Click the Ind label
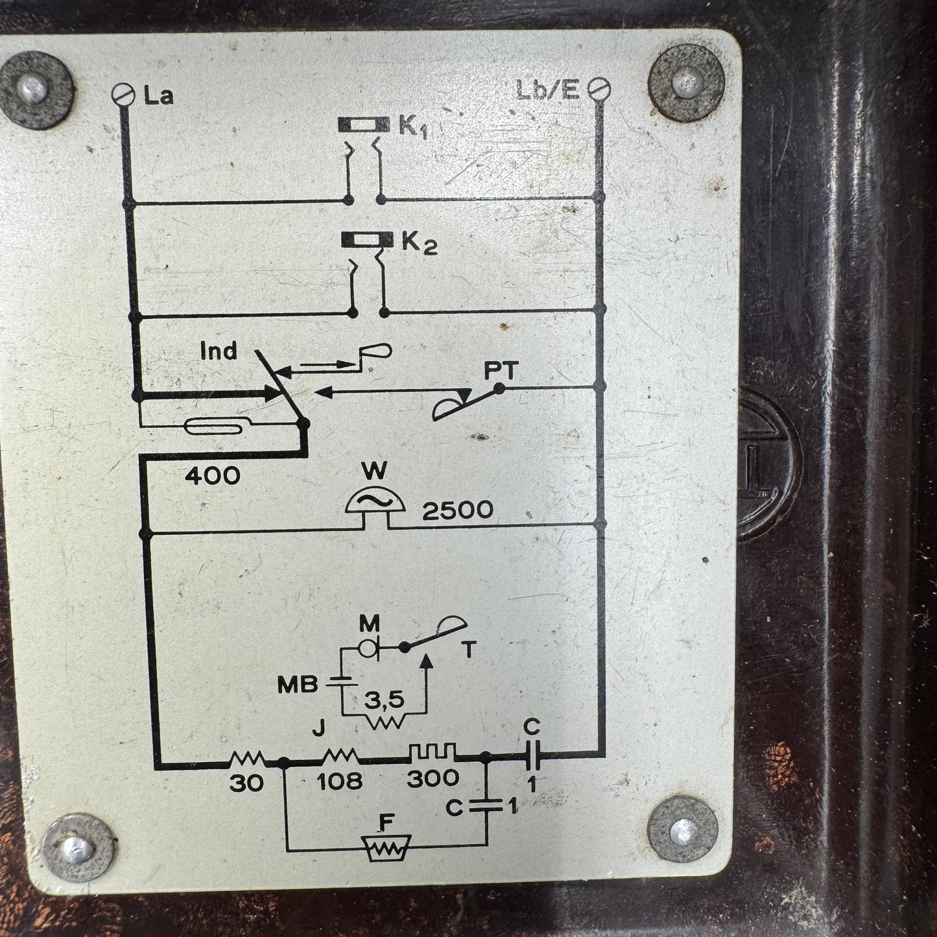click(219, 351)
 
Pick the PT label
click(500, 371)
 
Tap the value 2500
click(457, 510)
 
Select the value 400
click(212, 477)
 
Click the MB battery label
click(298, 685)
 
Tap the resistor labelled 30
click(247, 757)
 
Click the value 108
click(340, 780)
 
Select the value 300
click(433, 778)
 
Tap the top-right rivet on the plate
click(686, 82)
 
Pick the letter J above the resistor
click(318, 731)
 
